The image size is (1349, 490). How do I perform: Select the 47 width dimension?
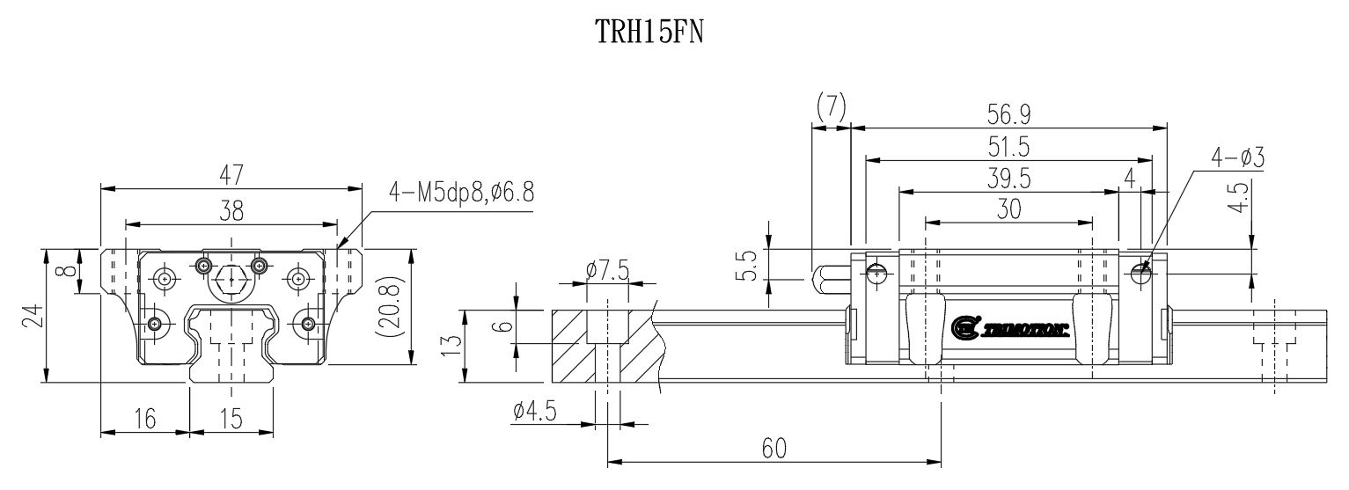(x=232, y=175)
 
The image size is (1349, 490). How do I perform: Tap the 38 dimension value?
(x=232, y=210)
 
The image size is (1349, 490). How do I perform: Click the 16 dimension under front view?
(x=146, y=420)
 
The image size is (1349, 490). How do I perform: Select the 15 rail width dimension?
(x=231, y=420)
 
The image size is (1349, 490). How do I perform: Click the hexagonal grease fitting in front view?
(x=231, y=279)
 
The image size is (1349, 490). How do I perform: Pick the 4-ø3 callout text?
(x=1237, y=158)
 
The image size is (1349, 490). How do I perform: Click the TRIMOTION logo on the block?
(x=1010, y=328)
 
